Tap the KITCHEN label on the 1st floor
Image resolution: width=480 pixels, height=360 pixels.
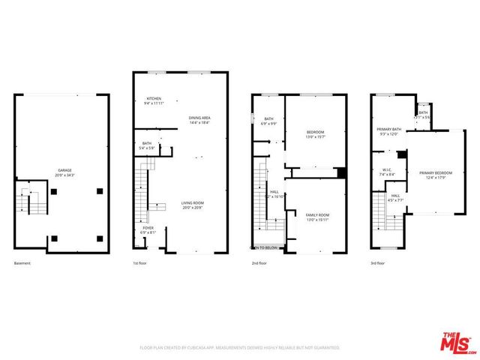pos(154,98)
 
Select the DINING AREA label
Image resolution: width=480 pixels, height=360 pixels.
pos(199,118)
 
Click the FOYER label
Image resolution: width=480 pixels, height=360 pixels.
pos(148,228)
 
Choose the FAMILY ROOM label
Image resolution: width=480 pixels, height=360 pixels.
pos(317,215)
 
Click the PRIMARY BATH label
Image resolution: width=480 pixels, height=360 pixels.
pos(389,129)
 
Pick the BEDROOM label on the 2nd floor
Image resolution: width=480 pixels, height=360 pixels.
pos(316,133)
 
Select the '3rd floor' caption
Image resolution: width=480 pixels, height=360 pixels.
pos(379,264)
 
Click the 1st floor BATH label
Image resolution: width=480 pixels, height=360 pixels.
pos(147,143)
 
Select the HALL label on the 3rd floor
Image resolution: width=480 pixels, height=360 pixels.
pos(395,196)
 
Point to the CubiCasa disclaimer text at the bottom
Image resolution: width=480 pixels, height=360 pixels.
pos(240,348)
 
